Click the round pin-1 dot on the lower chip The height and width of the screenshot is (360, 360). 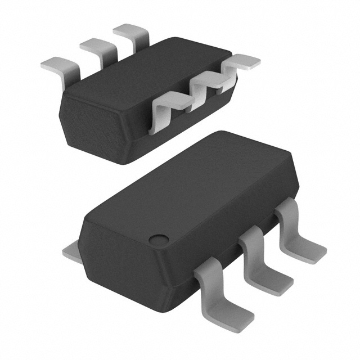coord(160,238)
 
